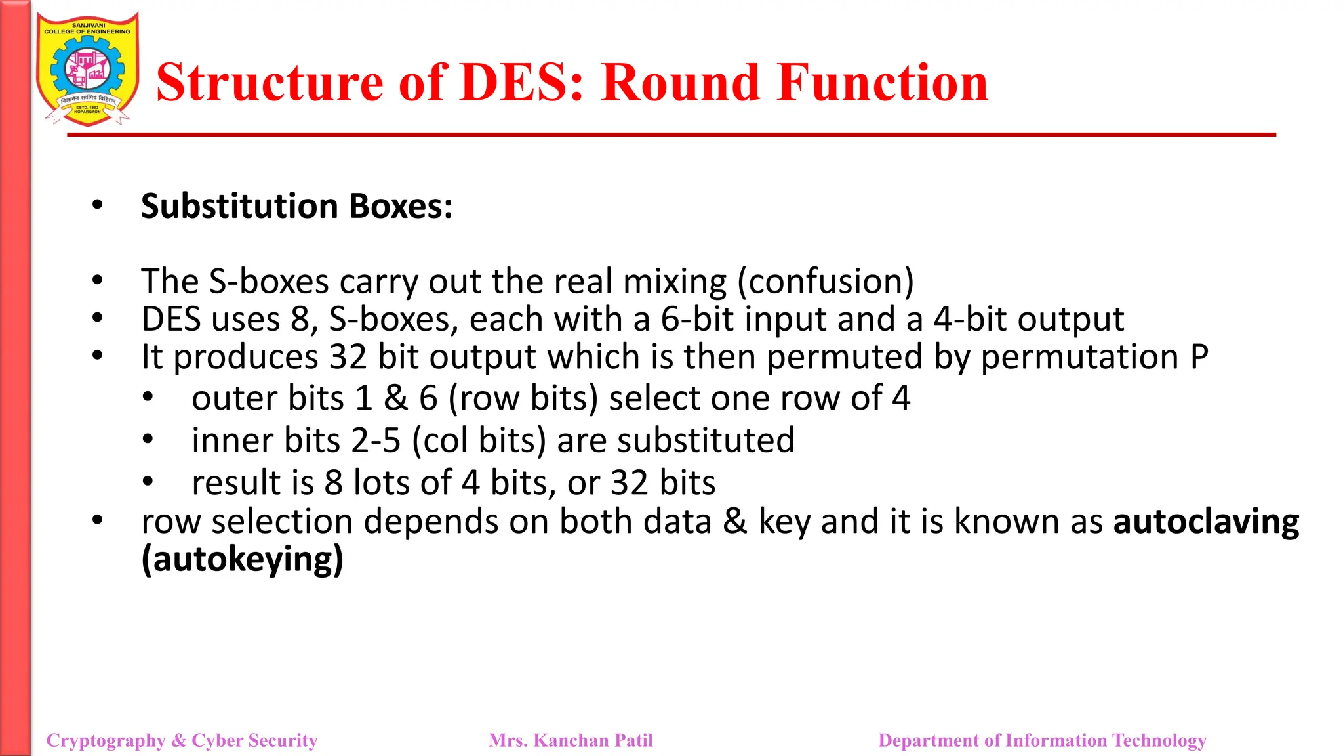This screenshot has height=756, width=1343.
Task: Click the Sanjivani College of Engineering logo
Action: click(x=88, y=70)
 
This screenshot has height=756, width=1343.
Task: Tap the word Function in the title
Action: click(x=882, y=83)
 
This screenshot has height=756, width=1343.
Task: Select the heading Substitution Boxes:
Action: click(x=296, y=206)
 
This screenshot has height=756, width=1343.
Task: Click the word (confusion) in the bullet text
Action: click(x=826, y=282)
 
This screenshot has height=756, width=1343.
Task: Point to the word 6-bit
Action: click(x=697, y=320)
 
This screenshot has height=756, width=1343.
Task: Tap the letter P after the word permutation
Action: click(x=1199, y=358)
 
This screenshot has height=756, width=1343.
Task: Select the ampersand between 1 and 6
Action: click(x=395, y=398)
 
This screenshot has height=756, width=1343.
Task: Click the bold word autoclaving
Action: click(x=1206, y=522)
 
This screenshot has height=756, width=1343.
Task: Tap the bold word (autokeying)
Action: click(x=243, y=560)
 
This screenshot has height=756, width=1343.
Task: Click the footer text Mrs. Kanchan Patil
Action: click(x=571, y=740)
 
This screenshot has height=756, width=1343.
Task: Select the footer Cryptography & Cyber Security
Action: click(x=182, y=740)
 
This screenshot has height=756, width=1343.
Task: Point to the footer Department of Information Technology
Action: click(x=1042, y=740)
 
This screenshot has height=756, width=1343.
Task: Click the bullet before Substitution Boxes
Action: click(x=98, y=205)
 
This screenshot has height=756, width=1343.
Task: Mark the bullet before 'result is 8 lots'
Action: click(x=148, y=482)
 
